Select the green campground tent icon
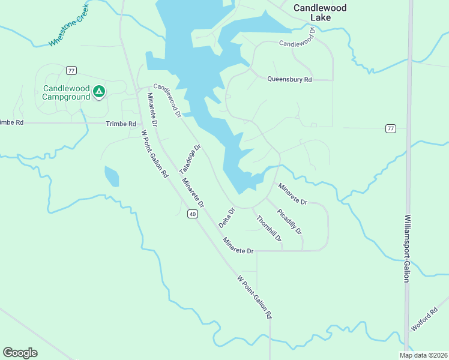click(x=100, y=92)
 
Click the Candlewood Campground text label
click(x=66, y=92)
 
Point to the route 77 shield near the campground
click(x=71, y=70)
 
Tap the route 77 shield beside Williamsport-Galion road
click(x=391, y=128)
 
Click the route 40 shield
click(x=192, y=214)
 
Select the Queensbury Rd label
click(x=289, y=79)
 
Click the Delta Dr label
click(x=226, y=217)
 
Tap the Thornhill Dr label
click(x=269, y=229)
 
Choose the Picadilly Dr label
click(x=289, y=221)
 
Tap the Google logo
click(x=20, y=353)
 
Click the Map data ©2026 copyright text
click(x=423, y=355)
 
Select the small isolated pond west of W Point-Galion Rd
click(x=112, y=176)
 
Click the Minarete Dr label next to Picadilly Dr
click(x=292, y=194)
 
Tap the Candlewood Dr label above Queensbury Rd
click(x=297, y=43)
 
